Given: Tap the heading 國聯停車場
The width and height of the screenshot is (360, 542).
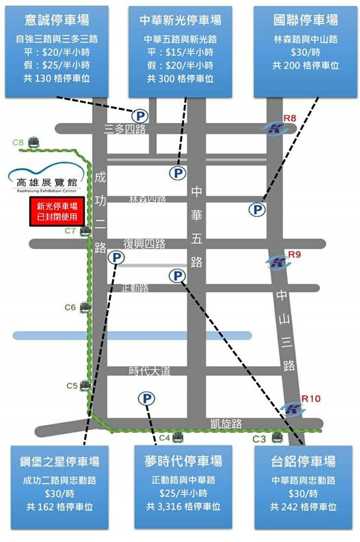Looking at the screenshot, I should coord(305,19).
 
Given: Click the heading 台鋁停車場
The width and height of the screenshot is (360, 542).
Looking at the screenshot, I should coord(304,461).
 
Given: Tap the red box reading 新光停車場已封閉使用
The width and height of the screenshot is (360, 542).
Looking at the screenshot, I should coord(52,211).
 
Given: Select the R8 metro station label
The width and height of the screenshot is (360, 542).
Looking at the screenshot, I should coord(289,118).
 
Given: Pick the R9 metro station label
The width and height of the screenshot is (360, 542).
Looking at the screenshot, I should coord(294,254).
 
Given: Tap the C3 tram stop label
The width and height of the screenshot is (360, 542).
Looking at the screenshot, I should coord(261,439).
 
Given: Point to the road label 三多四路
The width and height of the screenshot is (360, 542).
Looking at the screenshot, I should coord(125,129).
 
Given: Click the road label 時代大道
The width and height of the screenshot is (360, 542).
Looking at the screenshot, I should coord(150,371).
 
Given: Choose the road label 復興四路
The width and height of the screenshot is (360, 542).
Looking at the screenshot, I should coord(144,244).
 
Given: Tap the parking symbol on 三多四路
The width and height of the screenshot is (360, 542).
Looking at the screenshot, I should coord(142,116).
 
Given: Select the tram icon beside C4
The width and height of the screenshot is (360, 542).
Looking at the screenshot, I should coord(181,438).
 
